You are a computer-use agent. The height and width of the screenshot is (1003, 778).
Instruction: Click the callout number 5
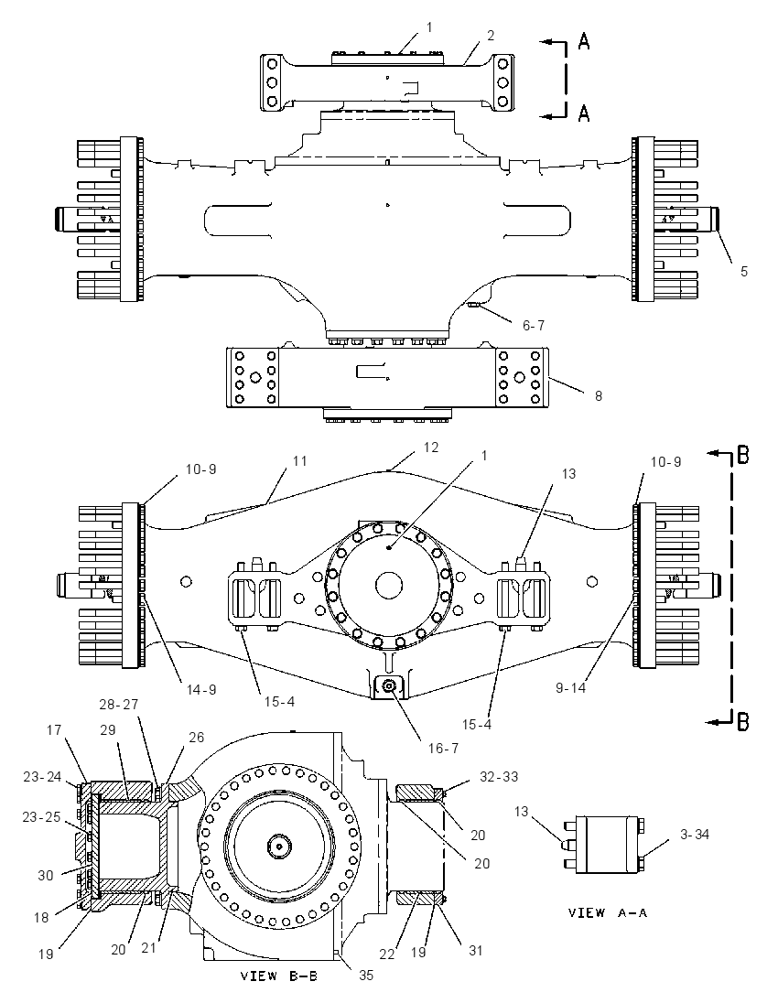744,271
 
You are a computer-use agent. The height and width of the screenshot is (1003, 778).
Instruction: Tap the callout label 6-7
534,326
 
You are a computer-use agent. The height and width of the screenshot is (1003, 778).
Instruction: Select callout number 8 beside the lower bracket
599,396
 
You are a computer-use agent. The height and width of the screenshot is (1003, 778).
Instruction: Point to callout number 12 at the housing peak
431,448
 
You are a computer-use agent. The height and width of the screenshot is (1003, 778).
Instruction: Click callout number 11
300,460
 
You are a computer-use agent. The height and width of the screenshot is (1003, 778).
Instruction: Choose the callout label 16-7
443,748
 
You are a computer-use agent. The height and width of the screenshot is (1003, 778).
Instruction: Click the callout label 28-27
118,705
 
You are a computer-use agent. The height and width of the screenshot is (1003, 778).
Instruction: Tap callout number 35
366,975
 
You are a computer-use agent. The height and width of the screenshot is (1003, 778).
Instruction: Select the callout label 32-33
499,777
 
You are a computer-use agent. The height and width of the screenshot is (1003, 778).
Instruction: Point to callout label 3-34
695,834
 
